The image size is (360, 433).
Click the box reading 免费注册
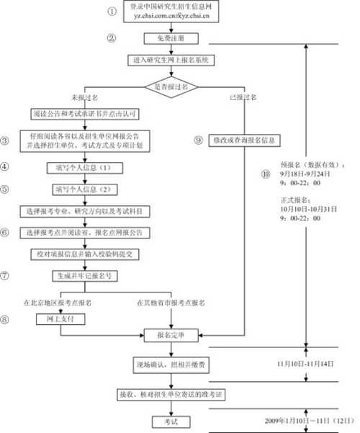point(171,38)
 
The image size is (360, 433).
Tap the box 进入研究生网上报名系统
point(171,61)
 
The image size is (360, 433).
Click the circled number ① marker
point(112,12)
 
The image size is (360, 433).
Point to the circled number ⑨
point(198,140)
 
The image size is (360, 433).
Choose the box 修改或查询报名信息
point(243,140)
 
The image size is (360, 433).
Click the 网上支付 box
point(55,317)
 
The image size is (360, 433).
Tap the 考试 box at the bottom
point(171,421)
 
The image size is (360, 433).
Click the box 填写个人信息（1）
point(85,167)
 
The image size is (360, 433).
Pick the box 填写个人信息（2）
point(85,189)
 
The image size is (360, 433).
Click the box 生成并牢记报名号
point(85,276)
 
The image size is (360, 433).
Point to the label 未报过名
point(84,97)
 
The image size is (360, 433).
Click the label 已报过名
point(242,97)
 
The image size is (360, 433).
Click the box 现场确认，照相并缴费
point(171,366)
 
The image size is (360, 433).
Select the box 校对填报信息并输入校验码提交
point(85,254)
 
